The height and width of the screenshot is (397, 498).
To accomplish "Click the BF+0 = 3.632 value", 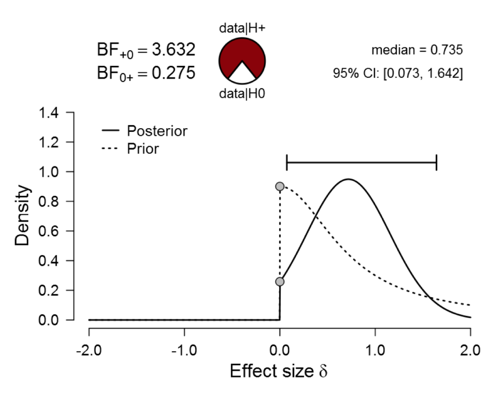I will pyautogui.click(x=146, y=50).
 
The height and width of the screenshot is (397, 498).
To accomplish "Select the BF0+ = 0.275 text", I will pyautogui.click(x=146, y=73).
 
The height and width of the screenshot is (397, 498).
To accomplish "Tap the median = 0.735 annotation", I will pyautogui.click(x=416, y=50).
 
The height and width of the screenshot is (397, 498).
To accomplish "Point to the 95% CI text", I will pyautogui.click(x=396, y=74).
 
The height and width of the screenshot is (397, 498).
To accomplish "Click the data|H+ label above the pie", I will pyautogui.click(x=242, y=28).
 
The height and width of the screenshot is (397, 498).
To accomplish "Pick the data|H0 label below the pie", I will pyautogui.click(x=242, y=94).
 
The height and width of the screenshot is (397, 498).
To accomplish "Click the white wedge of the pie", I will pyautogui.click(x=242, y=74).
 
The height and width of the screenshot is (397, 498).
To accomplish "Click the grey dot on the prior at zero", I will pyautogui.click(x=280, y=187).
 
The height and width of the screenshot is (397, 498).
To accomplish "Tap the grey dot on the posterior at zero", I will pyautogui.click(x=280, y=282).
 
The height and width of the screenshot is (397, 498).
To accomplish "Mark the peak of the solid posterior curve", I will pyautogui.click(x=348, y=179).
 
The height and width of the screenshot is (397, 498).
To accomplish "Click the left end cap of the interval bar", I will pyautogui.click(x=287, y=163).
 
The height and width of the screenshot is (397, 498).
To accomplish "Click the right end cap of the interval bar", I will pyautogui.click(x=436, y=163).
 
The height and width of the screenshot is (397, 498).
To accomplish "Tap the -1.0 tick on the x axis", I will pyautogui.click(x=184, y=350).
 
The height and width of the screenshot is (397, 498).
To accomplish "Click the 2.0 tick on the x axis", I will pyautogui.click(x=470, y=350).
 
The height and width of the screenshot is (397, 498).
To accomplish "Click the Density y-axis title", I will pyautogui.click(x=23, y=216).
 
